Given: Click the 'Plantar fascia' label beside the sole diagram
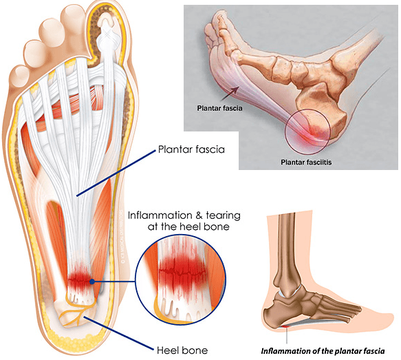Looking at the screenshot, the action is click(191, 149).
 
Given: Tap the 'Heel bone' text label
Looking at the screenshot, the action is click(182, 350).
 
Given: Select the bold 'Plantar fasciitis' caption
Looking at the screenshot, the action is click(306, 162).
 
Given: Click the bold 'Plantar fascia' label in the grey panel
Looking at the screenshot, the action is click(219, 108).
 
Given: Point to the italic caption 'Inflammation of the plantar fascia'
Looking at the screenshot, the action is click(323, 351).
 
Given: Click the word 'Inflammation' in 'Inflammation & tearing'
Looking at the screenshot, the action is click(160, 215).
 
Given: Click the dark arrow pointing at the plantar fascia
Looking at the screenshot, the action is click(230, 94).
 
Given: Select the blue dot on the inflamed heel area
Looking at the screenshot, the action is click(92, 282).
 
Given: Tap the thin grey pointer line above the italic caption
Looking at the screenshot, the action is click(287, 336).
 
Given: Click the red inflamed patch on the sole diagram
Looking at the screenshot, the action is click(79, 279).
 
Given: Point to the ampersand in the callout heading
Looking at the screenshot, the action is click(199, 215).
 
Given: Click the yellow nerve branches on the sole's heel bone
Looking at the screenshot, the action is click(77, 308).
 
